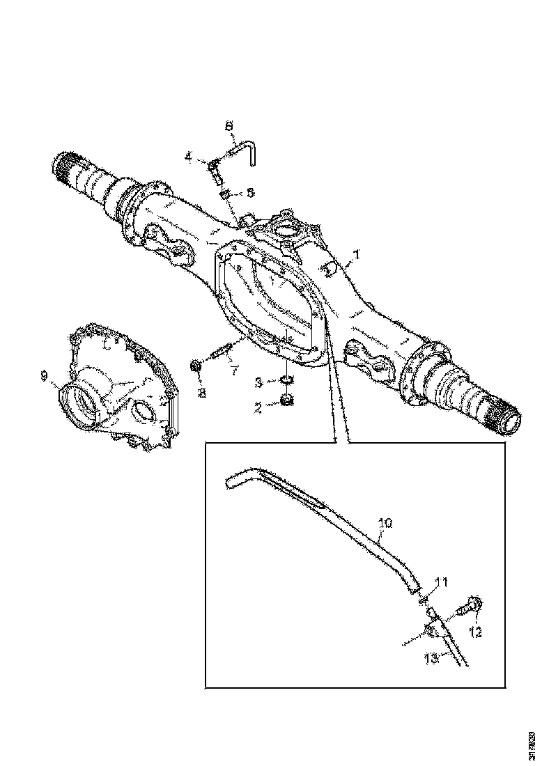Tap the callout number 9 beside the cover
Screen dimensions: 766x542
click(x=44, y=376)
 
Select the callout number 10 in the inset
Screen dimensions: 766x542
click(x=385, y=522)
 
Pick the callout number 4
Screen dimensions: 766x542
click(x=188, y=157)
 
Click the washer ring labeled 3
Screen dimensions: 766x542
click(x=286, y=380)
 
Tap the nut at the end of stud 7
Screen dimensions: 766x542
click(x=196, y=365)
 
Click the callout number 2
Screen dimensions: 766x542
click(x=258, y=408)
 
